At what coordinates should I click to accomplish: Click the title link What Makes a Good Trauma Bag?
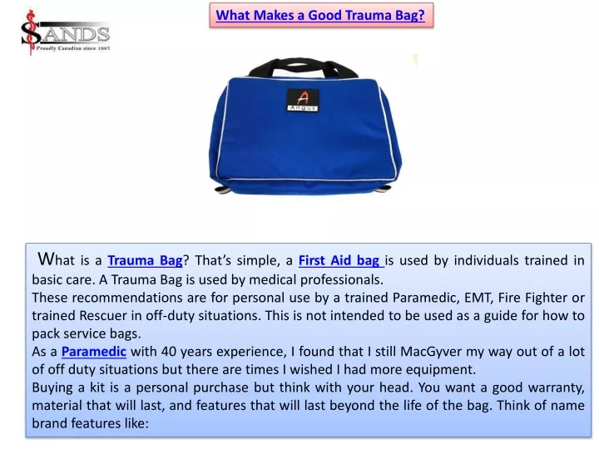click(x=320, y=15)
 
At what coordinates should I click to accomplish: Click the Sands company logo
click(x=66, y=32)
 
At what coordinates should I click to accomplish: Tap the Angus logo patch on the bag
click(x=303, y=100)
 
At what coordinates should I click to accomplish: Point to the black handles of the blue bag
click(x=303, y=68)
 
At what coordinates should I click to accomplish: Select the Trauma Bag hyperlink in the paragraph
click(x=145, y=260)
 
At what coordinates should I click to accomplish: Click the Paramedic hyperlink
click(x=94, y=351)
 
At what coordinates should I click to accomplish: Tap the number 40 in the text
click(x=169, y=352)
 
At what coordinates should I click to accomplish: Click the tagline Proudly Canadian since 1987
click(x=73, y=48)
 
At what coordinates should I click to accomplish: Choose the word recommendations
click(x=126, y=298)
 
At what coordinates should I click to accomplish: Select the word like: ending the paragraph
click(x=136, y=423)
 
